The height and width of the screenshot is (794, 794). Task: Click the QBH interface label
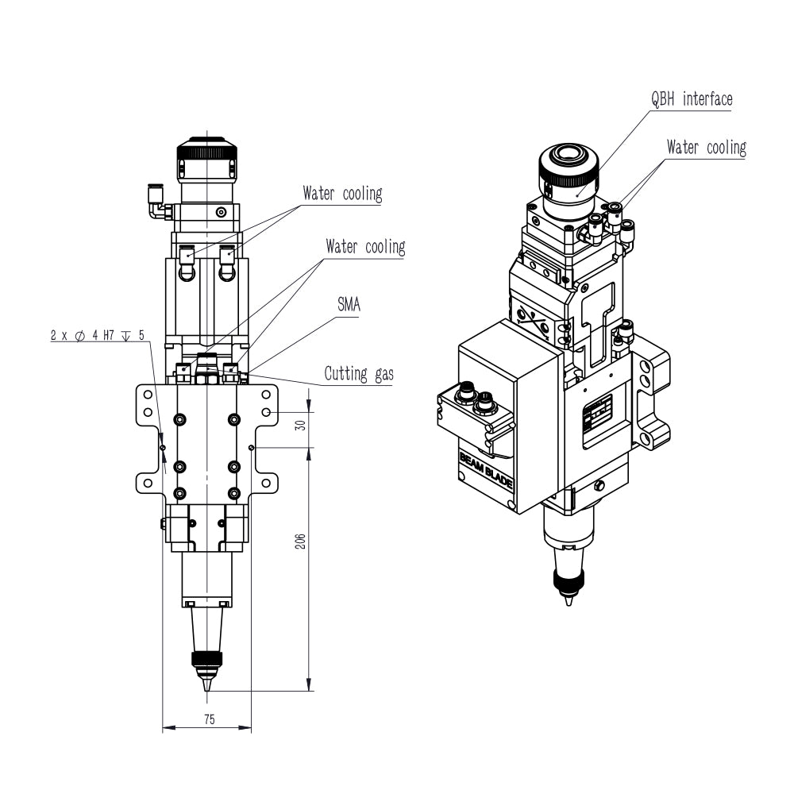[692, 99]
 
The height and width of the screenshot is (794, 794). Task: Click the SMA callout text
[349, 304]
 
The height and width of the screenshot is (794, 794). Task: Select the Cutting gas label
[359, 374]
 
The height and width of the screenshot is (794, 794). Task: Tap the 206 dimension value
[300, 542]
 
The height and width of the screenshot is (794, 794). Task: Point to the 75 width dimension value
[209, 719]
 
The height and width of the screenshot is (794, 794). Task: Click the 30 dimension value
[300, 425]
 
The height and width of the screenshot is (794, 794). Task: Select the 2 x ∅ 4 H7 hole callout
[97, 335]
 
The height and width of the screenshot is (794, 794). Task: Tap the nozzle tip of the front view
[206, 690]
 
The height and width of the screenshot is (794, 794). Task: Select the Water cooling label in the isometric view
[707, 148]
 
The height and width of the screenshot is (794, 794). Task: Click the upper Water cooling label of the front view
[342, 194]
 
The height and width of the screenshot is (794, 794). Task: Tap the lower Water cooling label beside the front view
[365, 247]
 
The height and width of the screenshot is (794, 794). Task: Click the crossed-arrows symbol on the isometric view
[532, 322]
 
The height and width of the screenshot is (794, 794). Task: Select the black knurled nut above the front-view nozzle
[206, 659]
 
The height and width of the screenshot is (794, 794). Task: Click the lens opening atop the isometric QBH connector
[568, 154]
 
